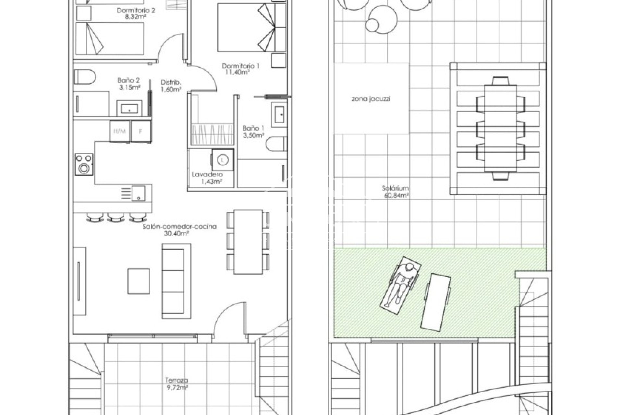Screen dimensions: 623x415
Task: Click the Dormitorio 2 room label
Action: click(x=136, y=14)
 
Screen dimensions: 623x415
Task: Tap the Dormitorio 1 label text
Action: click(x=240, y=69)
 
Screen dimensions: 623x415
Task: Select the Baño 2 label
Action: click(x=129, y=84)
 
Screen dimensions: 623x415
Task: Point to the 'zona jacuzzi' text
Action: click(x=371, y=99)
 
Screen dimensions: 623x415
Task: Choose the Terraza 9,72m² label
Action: click(x=176, y=384)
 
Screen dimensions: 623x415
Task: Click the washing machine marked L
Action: click(x=222, y=160)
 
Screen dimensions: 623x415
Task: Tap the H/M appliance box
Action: click(x=120, y=131)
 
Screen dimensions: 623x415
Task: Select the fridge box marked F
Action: click(x=141, y=131)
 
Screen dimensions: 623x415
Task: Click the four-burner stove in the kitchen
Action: click(x=84, y=164)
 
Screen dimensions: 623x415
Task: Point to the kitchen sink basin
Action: click(x=139, y=193)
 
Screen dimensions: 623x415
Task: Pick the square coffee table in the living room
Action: click(x=139, y=281)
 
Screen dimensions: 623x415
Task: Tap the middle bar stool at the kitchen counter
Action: click(x=116, y=217)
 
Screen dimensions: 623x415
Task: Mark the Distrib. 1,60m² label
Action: click(x=171, y=86)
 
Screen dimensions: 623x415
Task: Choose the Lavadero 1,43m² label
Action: click(x=207, y=178)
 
